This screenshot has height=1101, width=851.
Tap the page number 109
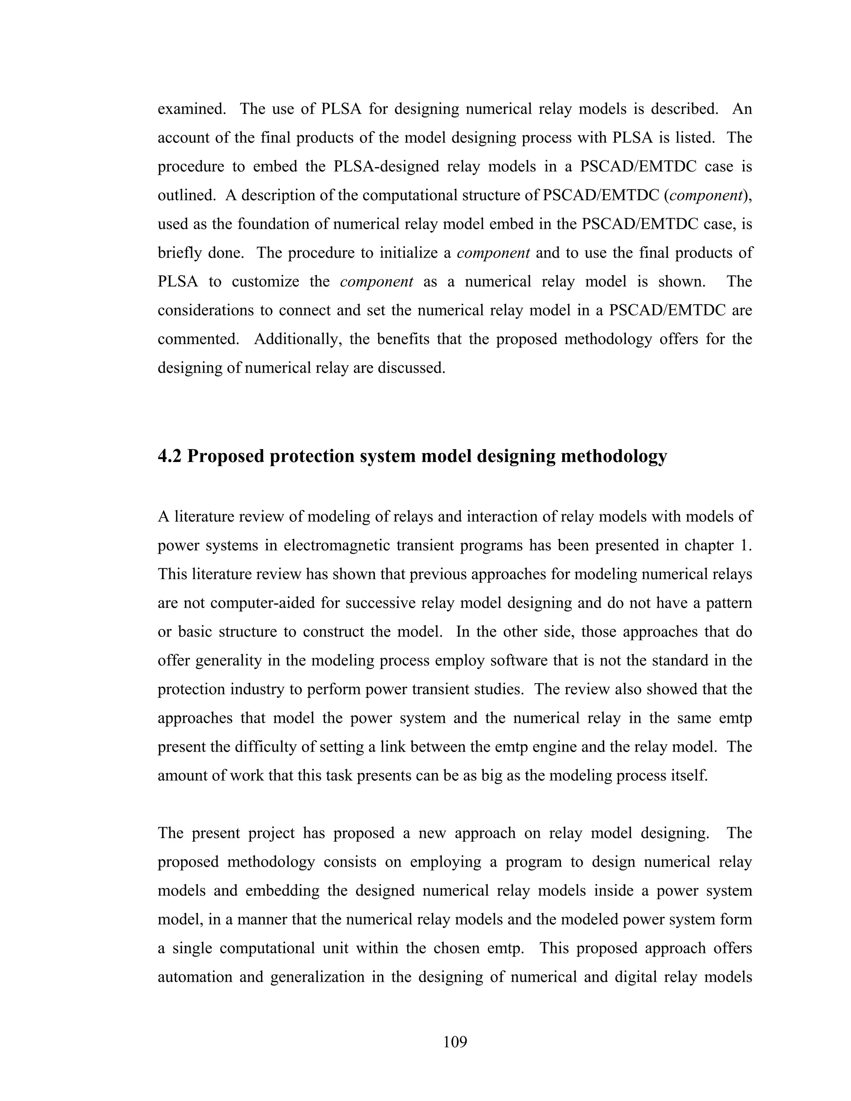(455, 1041)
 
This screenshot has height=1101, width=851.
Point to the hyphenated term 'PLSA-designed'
(386, 166)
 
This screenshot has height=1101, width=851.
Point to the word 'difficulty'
(266, 747)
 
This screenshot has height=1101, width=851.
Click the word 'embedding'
(282, 891)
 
